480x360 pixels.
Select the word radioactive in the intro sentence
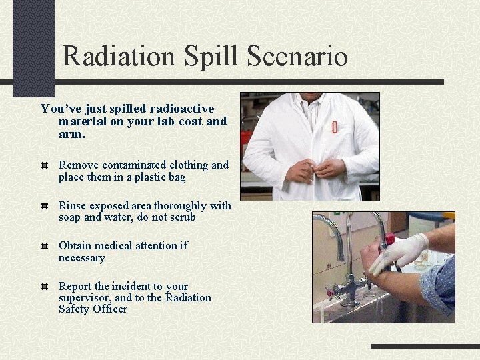click(182, 109)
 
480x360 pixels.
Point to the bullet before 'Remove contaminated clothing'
click(44, 165)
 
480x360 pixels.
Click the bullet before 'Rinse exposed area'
click(44, 206)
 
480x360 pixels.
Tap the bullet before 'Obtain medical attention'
click(44, 247)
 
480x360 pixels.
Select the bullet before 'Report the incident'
click(44, 287)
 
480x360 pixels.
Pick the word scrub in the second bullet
click(182, 217)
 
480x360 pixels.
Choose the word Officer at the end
click(110, 309)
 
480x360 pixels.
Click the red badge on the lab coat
click(334, 127)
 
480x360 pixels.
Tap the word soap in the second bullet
click(70, 217)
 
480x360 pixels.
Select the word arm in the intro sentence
click(71, 134)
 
